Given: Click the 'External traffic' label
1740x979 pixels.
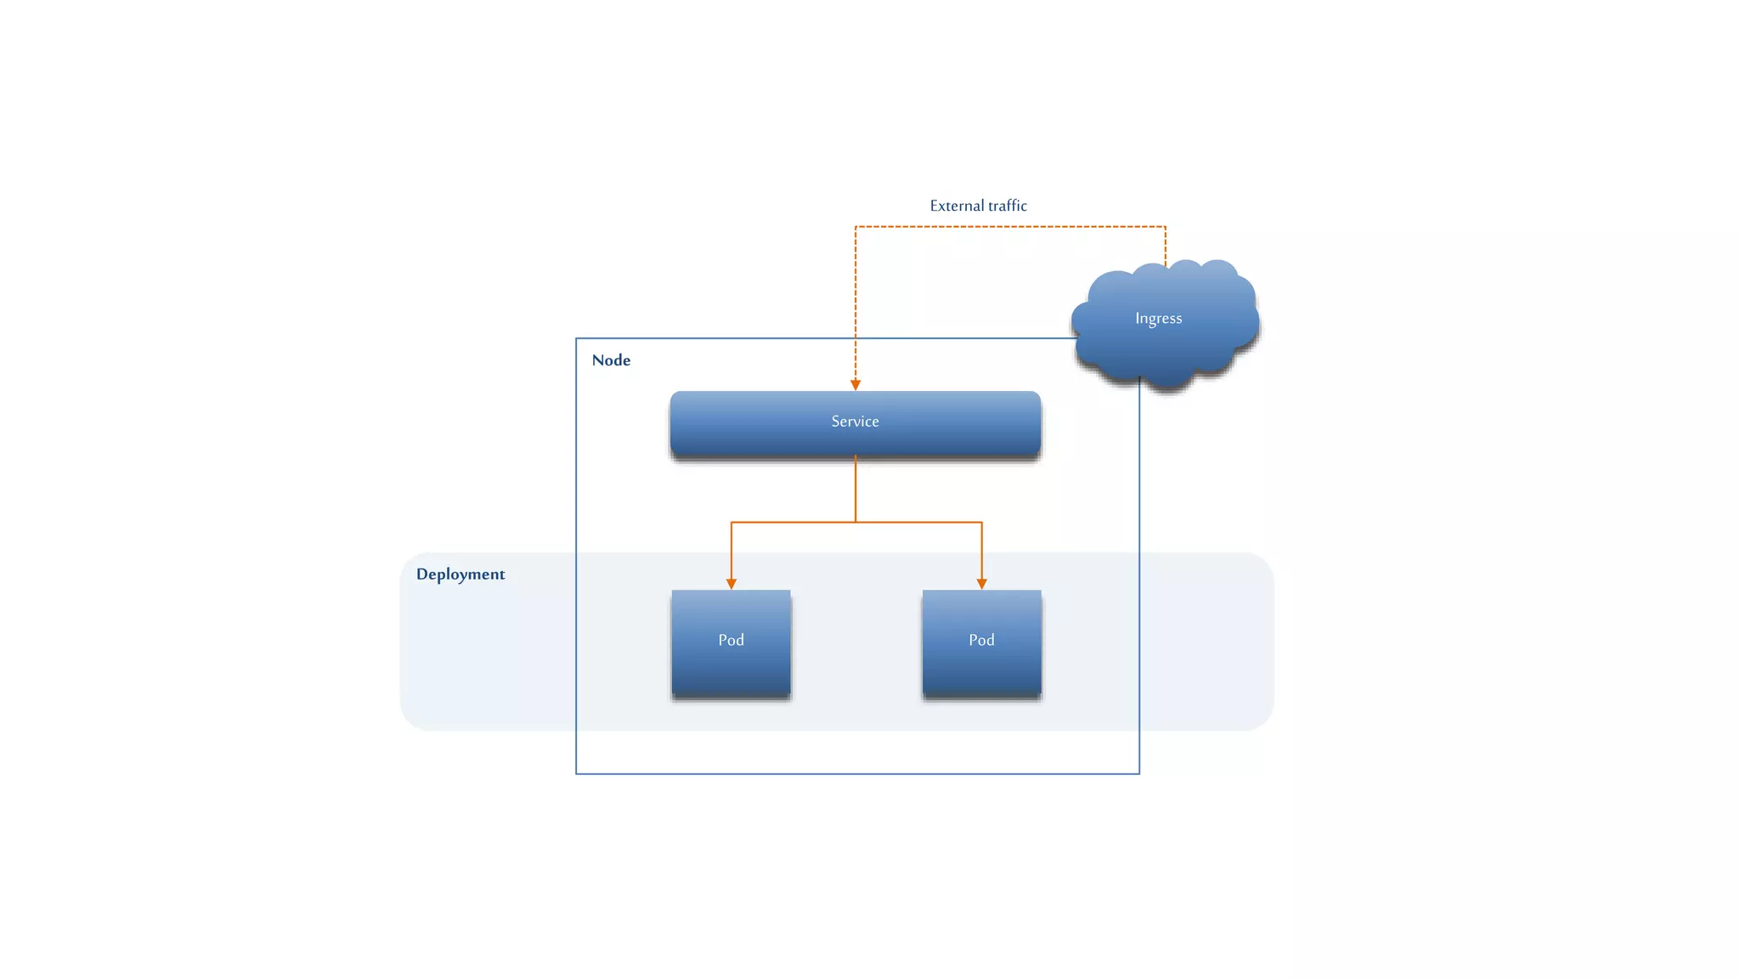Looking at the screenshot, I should [x=978, y=206].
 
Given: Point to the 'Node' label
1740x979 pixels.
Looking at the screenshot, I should [x=611, y=360].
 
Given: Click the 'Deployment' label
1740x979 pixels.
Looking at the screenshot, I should [x=460, y=574].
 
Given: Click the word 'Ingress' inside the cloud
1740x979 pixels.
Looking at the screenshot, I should [x=1158, y=319].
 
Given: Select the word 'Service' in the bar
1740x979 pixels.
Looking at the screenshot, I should [x=855, y=422].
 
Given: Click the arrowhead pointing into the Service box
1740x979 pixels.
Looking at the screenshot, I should [x=856, y=385].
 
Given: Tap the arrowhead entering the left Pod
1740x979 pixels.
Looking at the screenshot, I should [x=732, y=584].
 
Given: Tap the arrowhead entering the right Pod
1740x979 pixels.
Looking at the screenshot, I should [x=982, y=584].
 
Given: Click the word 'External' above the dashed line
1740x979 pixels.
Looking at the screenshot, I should [x=957, y=206].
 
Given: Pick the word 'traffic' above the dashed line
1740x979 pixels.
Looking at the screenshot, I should [x=1007, y=206].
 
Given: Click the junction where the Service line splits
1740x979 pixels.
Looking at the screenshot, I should [x=856, y=522].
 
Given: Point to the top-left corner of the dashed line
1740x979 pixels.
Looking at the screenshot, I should [x=856, y=227].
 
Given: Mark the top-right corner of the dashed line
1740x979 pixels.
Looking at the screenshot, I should [x=1166, y=227].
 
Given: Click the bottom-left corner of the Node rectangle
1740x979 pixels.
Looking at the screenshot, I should [x=576, y=773].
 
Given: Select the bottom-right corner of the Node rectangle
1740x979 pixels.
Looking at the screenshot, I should [x=1139, y=773].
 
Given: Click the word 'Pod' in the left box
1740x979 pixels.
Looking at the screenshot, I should [x=731, y=640].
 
